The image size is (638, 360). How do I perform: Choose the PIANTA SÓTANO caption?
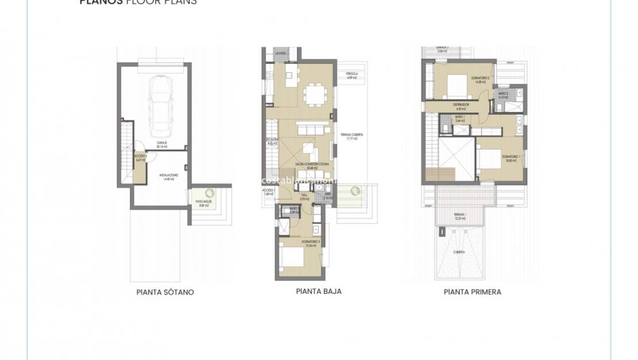click(x=165, y=292)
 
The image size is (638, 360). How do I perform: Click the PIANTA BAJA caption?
click(x=318, y=292)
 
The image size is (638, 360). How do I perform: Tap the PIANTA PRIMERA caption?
click(x=472, y=292)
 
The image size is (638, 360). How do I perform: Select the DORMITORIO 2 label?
click(x=480, y=79)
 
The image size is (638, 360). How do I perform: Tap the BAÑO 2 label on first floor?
click(x=503, y=95)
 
